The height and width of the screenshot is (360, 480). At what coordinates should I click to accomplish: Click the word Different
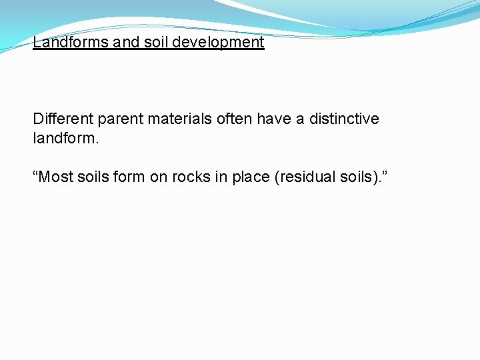63,119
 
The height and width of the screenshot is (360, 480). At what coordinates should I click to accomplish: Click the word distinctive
344,119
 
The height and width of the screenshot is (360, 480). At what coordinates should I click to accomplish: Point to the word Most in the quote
55,177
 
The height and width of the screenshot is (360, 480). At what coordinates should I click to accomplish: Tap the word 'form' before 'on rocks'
129,177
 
